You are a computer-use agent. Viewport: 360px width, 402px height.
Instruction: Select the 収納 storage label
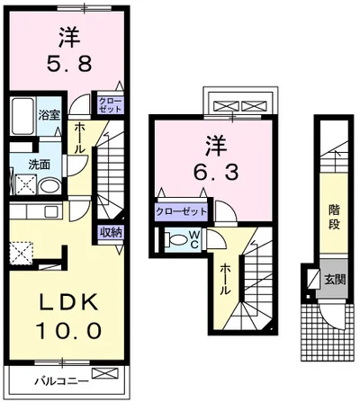(110, 232)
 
